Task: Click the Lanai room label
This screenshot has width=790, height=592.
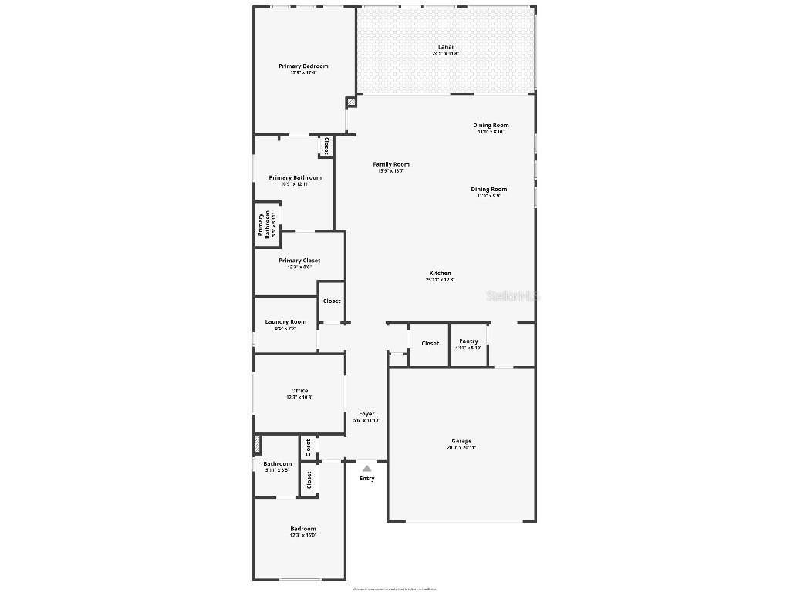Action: (x=446, y=47)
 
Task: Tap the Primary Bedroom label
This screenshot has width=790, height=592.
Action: (x=303, y=66)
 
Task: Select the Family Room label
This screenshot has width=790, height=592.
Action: (x=391, y=164)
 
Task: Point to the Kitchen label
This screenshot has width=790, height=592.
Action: (x=441, y=274)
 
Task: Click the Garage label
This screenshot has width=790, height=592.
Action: (x=461, y=441)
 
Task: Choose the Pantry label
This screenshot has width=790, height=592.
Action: (x=468, y=341)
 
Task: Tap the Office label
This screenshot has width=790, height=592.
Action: (x=299, y=391)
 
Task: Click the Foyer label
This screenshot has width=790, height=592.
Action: (x=366, y=414)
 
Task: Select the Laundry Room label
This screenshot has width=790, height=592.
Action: (x=285, y=322)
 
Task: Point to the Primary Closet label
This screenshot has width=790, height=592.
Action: (x=299, y=261)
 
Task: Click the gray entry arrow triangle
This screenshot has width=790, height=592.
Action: (x=367, y=468)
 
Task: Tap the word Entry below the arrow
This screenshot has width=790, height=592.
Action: (x=367, y=479)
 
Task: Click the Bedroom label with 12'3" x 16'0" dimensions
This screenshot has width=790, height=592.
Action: (x=303, y=529)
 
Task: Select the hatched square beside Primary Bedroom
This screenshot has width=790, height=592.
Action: (x=351, y=102)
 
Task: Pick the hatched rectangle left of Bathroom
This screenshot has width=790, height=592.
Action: (x=257, y=446)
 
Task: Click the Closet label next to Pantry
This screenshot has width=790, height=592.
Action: (x=430, y=344)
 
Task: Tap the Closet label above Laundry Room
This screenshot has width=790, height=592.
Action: (x=332, y=301)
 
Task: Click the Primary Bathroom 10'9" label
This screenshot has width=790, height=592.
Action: (x=295, y=178)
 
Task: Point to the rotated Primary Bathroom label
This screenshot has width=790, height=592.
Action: (x=264, y=224)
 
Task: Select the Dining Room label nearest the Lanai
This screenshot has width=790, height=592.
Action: (x=491, y=126)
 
